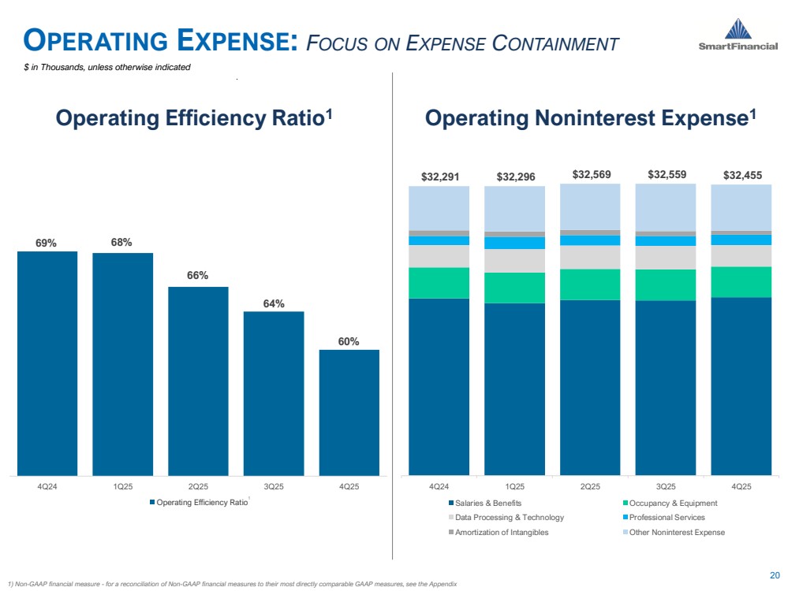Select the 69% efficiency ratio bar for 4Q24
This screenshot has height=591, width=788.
[47, 362]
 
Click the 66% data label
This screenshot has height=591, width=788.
[198, 276]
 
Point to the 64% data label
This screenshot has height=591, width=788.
[274, 303]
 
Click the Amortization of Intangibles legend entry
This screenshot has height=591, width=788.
[502, 532]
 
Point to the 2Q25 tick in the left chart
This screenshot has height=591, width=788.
[198, 486]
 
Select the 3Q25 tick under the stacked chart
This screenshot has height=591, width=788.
[666, 486]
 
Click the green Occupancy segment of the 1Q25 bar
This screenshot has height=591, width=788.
[514, 288]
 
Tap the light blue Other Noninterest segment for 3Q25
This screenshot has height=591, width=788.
[666, 207]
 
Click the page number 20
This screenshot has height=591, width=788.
[774, 574]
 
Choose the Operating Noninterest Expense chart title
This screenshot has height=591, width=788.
[590, 118]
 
